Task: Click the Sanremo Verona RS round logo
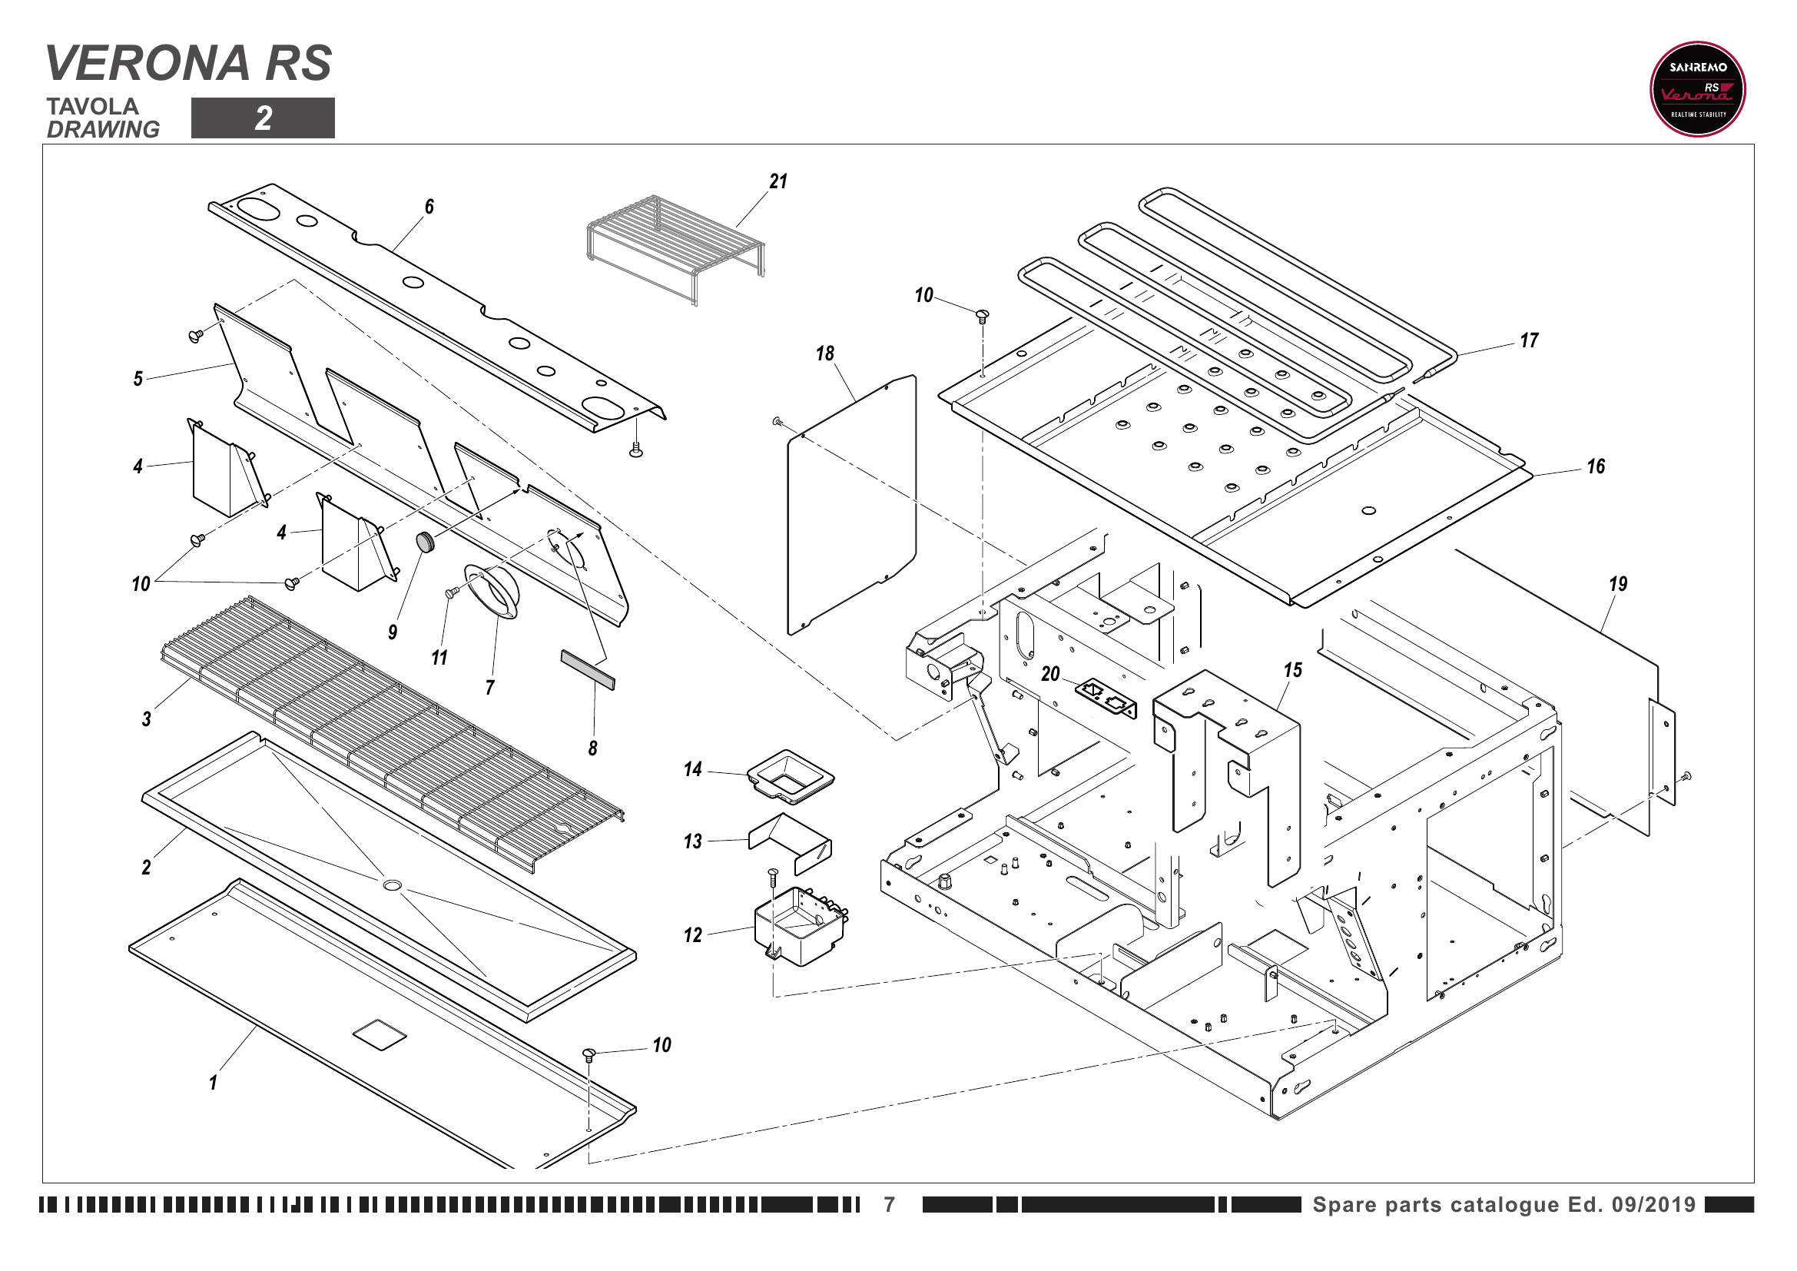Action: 1697,89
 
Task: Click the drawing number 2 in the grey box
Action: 263,118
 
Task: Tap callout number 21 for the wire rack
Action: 778,181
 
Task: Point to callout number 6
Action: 429,207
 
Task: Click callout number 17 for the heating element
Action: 1529,340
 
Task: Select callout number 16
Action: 1595,467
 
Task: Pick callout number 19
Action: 1617,584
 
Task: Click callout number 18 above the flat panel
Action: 825,353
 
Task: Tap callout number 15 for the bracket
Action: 1292,670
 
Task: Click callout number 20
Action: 1049,674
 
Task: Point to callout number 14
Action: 693,769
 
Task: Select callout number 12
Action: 693,935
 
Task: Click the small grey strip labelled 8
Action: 588,669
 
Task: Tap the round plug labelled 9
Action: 426,541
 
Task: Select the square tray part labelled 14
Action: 791,775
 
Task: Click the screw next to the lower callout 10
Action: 590,1054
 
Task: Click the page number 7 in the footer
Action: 889,1204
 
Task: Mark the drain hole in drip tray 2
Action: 392,885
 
